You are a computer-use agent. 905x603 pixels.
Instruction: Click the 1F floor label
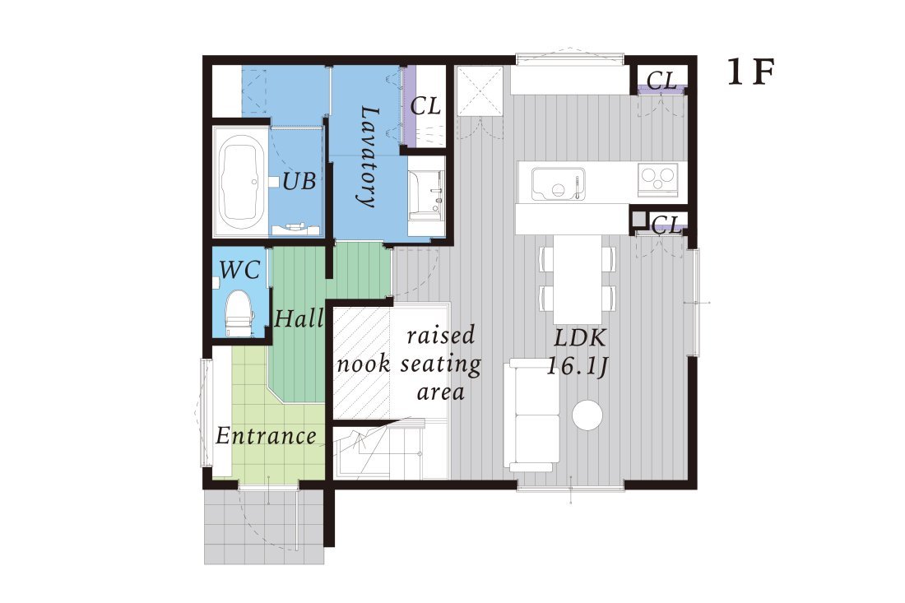(750, 74)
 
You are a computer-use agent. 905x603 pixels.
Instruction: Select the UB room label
(299, 181)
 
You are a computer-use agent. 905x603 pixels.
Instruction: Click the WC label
(239, 269)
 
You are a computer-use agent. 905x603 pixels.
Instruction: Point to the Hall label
(299, 318)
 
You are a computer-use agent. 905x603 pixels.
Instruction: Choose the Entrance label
(266, 435)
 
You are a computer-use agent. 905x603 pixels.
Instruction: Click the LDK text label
(579, 337)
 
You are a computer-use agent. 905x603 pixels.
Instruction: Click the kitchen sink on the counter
(558, 183)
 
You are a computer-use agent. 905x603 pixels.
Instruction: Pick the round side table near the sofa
(588, 415)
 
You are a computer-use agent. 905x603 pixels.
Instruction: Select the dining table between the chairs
(578, 278)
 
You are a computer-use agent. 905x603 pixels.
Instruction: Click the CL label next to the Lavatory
(425, 106)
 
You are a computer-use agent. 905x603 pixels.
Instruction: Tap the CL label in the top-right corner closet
(661, 81)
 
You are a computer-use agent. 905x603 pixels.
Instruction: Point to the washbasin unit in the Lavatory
(426, 196)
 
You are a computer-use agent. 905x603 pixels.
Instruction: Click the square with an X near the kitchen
(480, 91)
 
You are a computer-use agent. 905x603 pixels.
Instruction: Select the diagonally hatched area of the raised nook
(362, 362)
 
